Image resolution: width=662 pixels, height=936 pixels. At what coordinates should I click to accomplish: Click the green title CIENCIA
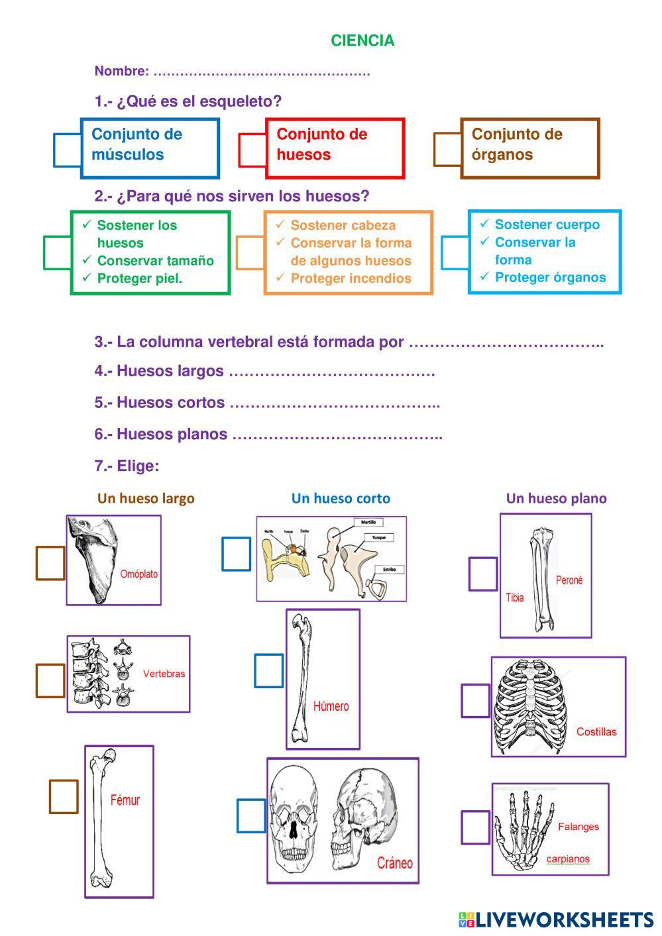tap(362, 41)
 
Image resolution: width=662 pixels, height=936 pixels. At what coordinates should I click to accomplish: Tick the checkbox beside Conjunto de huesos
tap(252, 150)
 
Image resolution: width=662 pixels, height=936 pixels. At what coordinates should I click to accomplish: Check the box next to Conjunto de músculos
tap(67, 150)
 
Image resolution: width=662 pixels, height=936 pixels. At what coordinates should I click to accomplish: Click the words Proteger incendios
tap(351, 278)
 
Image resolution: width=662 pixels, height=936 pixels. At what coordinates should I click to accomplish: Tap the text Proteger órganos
tap(550, 278)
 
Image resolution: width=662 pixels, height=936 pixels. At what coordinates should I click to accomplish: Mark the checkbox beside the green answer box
tap(57, 252)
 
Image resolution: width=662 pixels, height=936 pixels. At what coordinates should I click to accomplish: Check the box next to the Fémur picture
tap(64, 796)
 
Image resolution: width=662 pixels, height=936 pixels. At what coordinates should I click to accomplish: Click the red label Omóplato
tap(139, 574)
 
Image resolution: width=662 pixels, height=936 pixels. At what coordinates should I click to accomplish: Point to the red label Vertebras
tap(164, 674)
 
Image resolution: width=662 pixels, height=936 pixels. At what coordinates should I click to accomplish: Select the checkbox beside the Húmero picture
tap(268, 670)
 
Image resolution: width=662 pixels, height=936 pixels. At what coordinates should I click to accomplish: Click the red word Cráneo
tap(394, 862)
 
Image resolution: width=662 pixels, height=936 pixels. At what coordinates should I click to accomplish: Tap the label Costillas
tap(596, 732)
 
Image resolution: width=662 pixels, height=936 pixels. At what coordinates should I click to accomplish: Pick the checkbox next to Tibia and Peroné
tap(483, 574)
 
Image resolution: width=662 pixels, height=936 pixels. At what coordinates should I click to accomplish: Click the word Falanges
tap(578, 827)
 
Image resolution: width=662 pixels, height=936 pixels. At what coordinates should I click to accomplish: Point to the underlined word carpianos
tap(567, 859)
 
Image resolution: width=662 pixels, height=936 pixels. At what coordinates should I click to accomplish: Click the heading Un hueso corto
tap(341, 499)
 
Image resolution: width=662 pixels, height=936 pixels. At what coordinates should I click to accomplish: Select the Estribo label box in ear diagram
tap(388, 569)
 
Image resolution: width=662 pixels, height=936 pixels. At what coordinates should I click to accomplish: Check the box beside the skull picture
tap(251, 815)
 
